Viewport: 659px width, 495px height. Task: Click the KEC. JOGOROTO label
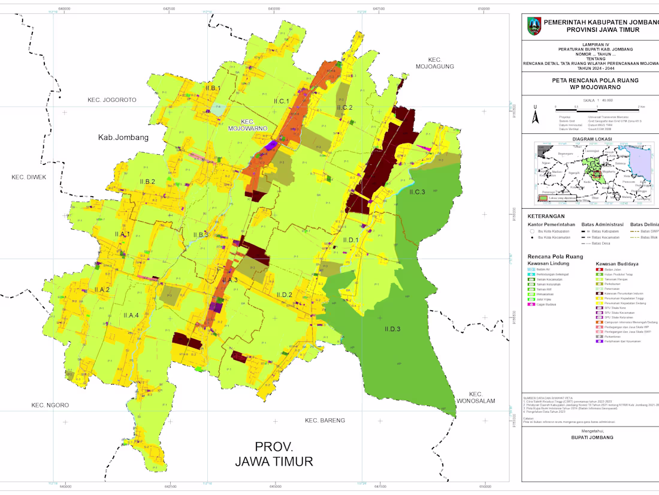coord(111,100)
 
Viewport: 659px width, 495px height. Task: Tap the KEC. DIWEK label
coord(29,177)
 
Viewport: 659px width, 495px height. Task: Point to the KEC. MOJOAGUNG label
coord(434,63)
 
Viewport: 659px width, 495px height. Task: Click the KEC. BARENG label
coord(325,421)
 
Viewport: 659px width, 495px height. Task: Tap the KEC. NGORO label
coord(50,406)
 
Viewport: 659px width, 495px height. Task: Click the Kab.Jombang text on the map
coord(123,137)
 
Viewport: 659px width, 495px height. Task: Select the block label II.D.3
coord(392,329)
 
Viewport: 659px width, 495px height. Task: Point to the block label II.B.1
coord(213,88)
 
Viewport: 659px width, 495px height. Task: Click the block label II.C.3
coord(417,192)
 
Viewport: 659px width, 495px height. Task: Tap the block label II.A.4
coord(131,316)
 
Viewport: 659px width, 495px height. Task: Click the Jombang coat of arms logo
coord(533,25)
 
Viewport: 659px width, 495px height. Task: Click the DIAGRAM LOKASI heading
coord(591,139)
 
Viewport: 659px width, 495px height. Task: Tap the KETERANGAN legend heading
coord(546,216)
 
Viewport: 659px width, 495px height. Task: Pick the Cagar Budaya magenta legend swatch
coord(531,305)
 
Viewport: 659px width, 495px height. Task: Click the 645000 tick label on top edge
coord(274,8)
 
